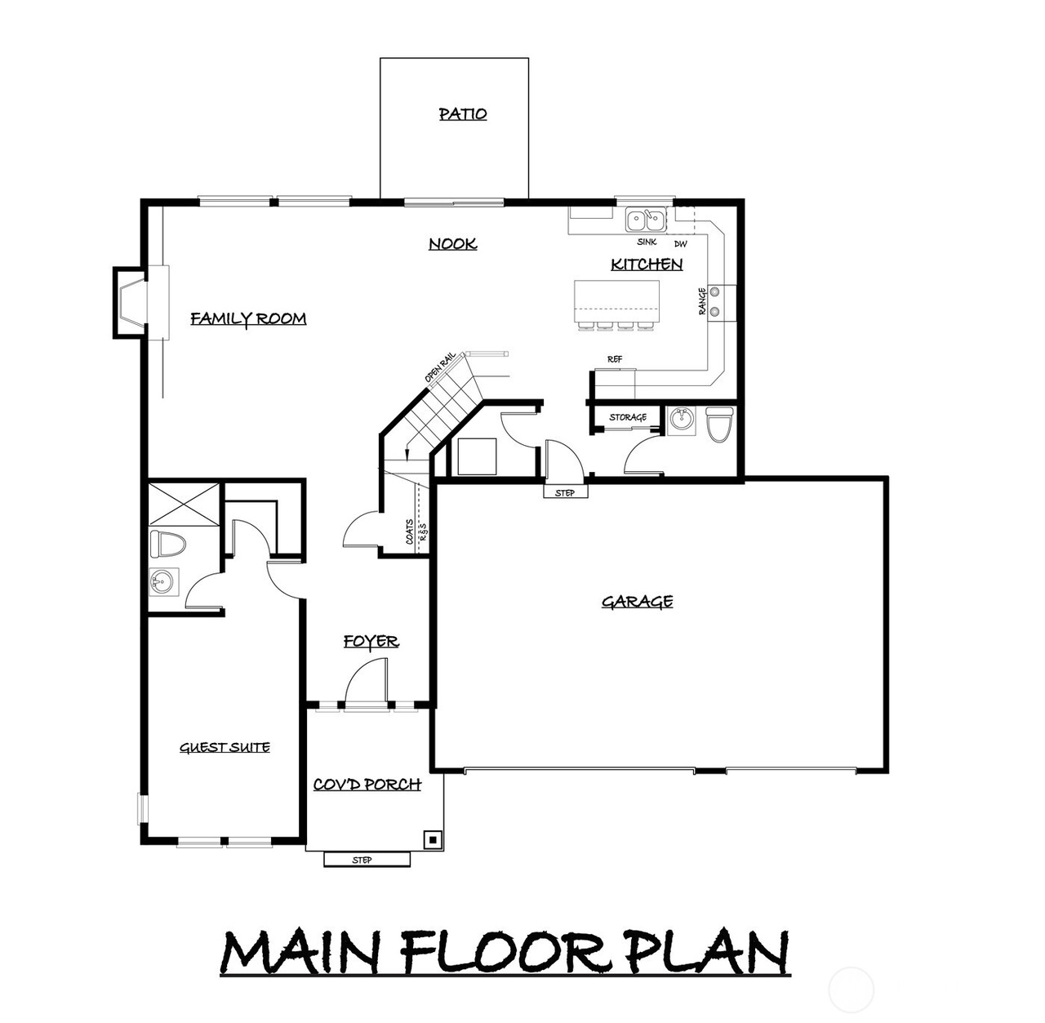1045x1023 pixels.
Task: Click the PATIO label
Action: click(463, 114)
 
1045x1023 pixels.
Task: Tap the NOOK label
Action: click(453, 244)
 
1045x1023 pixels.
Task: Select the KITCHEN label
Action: click(647, 265)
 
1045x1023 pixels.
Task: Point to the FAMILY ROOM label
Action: click(248, 318)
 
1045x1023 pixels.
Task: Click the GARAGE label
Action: click(637, 602)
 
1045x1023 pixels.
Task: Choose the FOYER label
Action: click(371, 642)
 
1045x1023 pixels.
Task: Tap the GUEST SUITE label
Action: click(225, 748)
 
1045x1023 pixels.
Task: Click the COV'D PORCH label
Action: click(367, 785)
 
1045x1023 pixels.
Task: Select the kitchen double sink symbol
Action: click(646, 220)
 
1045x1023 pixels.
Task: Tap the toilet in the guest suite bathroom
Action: click(167, 544)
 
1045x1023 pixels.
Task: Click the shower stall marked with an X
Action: click(184, 504)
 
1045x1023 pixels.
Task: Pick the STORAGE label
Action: click(628, 417)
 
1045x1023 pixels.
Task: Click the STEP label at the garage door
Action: click(565, 493)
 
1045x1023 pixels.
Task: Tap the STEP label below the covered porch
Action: click(362, 860)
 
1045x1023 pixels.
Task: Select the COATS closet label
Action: click(410, 532)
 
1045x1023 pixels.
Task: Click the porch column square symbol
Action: click(433, 840)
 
